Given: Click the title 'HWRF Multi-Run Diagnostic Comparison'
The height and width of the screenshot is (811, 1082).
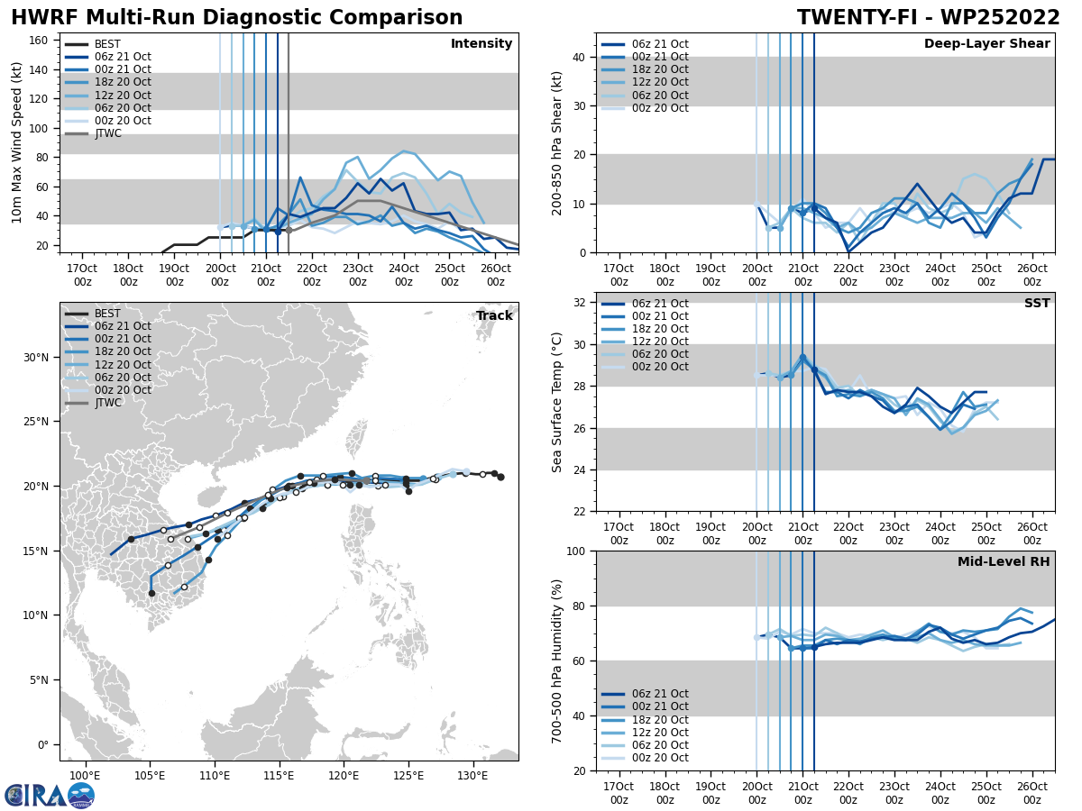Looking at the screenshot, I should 236,18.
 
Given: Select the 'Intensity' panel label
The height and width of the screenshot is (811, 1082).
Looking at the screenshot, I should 481,44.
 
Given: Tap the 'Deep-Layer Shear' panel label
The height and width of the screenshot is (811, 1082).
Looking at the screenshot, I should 986,44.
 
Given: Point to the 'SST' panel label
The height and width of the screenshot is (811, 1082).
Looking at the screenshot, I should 1037,304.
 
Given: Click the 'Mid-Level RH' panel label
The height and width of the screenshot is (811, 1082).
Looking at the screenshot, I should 1004,562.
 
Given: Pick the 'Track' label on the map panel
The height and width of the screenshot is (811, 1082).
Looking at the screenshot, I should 494,316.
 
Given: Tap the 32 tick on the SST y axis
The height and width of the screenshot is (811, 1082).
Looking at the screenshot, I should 582,303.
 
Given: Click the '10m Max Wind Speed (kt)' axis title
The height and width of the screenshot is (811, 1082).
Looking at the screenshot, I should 16,143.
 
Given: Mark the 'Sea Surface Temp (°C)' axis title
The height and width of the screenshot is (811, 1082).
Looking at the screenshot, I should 557,402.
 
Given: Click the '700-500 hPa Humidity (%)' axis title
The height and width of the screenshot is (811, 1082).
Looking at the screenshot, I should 557,661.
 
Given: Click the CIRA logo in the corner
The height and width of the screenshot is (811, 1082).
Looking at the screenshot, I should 49,795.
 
